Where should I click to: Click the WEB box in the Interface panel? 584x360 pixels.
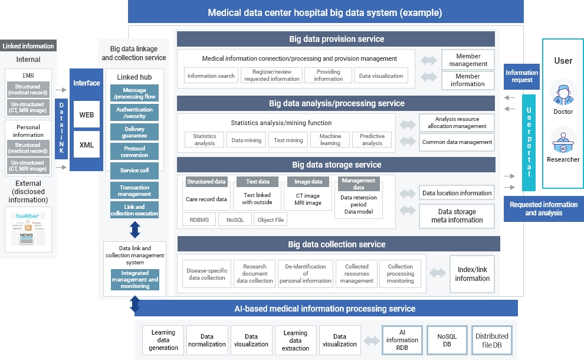tap(86, 114)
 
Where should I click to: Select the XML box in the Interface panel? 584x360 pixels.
tap(86, 145)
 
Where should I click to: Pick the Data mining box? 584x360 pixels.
tap(246, 140)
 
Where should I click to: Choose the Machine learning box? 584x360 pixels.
tap(330, 139)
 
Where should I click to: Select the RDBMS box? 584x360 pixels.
tap(199, 220)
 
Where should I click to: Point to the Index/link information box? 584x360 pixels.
tap(472, 274)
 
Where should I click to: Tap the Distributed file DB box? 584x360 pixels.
tap(492, 340)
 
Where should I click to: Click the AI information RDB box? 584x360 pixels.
tap(402, 340)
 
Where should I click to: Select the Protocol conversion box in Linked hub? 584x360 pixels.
tap(134, 151)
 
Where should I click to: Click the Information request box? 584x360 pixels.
tap(521, 76)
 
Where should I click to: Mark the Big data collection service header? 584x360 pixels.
tap(338, 244)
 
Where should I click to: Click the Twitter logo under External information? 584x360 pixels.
tap(28, 217)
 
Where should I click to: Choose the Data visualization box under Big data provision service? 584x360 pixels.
tap(381, 76)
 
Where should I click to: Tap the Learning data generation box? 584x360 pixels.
tap(163, 340)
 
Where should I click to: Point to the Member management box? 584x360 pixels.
tap(468, 60)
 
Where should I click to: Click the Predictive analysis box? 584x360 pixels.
tap(372, 139)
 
